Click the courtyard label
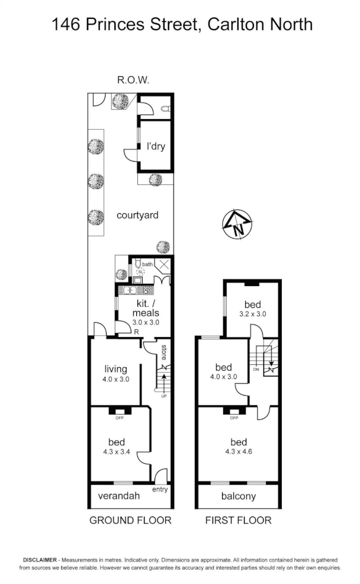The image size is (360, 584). point(137,215)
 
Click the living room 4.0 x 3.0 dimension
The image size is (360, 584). point(116,379)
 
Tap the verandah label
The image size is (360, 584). point(119,496)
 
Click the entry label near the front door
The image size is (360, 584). point(160,489)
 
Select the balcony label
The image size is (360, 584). point(238,496)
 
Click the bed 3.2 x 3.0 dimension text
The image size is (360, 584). point(252,314)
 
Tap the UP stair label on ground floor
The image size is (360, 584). point(164,396)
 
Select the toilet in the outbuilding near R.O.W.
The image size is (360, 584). point(166,108)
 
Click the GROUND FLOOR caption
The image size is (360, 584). point(130,521)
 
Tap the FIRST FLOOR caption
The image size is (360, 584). point(238,521)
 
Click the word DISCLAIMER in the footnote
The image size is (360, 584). point(40,560)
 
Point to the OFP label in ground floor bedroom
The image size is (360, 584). point(118,418)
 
